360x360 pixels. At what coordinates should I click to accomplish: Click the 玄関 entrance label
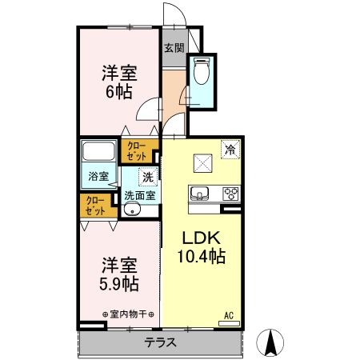pyautogui.click(x=174, y=48)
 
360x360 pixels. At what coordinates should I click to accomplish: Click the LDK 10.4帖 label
pyautogui.click(x=200, y=247)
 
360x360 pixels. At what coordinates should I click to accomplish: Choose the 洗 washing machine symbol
pyautogui.click(x=147, y=177)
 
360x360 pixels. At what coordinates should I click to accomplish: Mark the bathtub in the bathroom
pyautogui.click(x=99, y=151)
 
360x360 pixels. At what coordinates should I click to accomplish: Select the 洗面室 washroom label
pyautogui.click(x=139, y=195)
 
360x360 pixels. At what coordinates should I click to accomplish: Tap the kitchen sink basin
pyautogui.click(x=199, y=193)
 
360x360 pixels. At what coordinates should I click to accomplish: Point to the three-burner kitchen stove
pyautogui.click(x=230, y=193)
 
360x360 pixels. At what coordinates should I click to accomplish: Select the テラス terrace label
pyautogui.click(x=161, y=342)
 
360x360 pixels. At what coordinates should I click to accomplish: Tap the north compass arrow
pyautogui.click(x=270, y=344)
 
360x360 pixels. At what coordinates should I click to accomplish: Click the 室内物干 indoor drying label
pyautogui.click(x=129, y=314)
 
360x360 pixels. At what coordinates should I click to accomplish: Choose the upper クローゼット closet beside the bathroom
pyautogui.click(x=134, y=150)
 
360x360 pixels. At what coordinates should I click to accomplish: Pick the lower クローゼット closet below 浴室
pyautogui.click(x=95, y=206)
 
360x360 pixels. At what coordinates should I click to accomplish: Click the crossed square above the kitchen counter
pyautogui.click(x=203, y=164)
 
